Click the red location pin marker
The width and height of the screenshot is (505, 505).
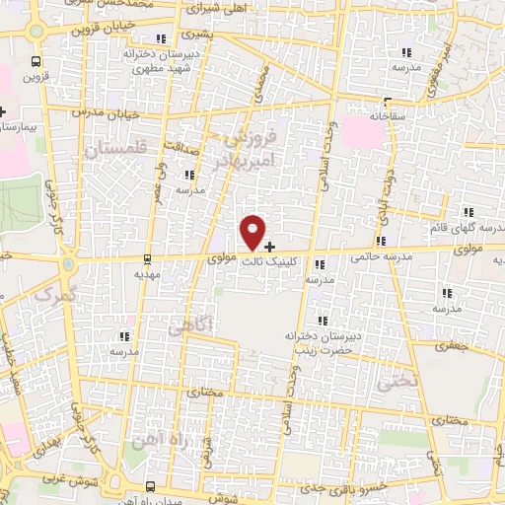point(253,231)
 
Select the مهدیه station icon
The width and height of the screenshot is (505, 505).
point(148,259)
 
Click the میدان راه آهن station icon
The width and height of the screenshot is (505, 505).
point(150,485)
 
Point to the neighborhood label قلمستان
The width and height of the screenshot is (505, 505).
point(114,150)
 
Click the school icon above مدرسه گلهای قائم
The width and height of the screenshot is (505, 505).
point(470,212)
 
